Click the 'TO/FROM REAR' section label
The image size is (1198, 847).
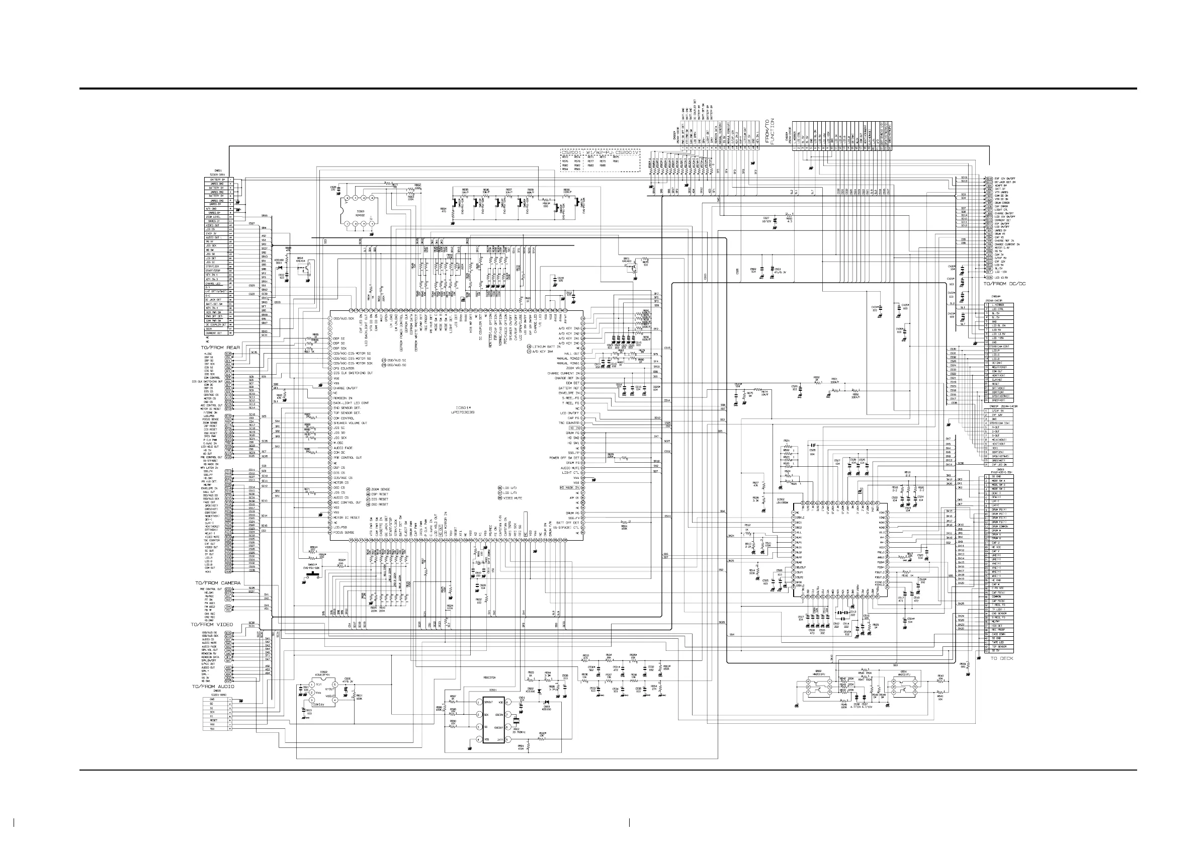point(221,347)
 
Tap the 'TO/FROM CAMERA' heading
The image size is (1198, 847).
point(218,582)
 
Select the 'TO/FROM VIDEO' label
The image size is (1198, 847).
point(212,625)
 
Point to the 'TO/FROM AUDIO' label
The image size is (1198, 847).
point(213,686)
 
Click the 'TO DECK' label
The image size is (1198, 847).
point(1002,658)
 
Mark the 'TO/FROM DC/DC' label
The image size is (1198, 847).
point(1004,284)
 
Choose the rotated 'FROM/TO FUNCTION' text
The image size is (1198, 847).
point(769,131)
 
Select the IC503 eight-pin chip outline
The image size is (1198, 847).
point(359,211)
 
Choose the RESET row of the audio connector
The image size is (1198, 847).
point(213,720)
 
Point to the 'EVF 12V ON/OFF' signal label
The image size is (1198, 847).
point(1004,179)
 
